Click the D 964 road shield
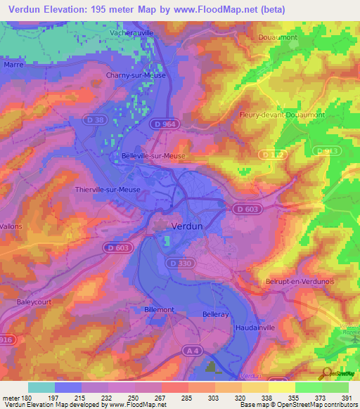tap(165, 124)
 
